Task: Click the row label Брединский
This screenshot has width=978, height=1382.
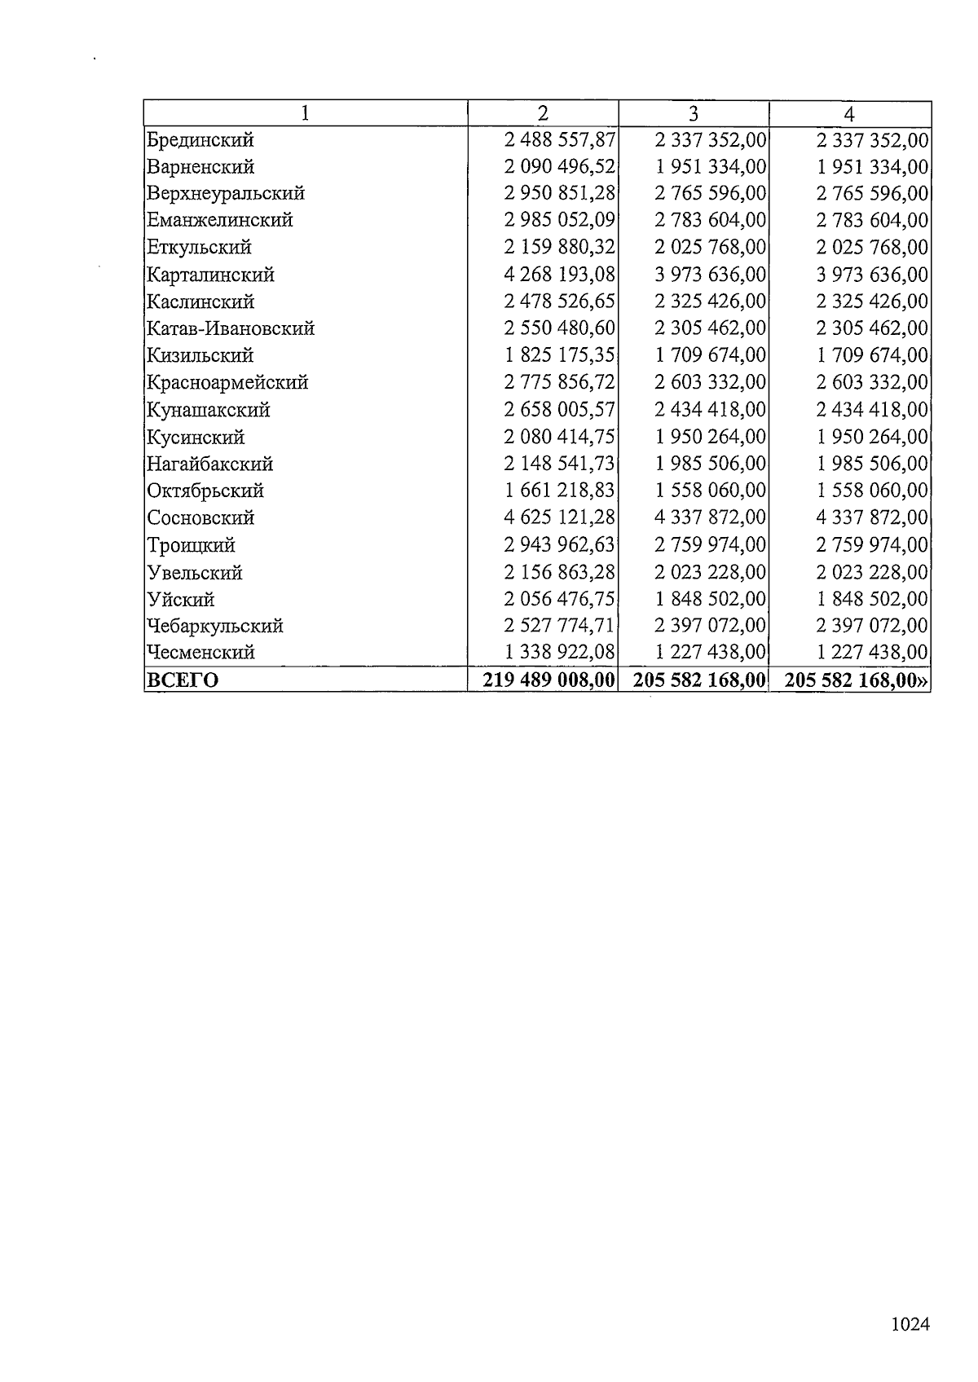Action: tap(200, 140)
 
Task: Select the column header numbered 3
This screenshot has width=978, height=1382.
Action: tap(694, 113)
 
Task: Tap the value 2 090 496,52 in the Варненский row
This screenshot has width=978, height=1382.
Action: tap(559, 167)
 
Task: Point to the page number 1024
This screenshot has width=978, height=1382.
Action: tap(910, 1324)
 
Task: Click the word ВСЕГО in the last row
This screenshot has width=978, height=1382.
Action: tap(183, 680)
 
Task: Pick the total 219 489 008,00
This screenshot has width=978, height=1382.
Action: tap(548, 680)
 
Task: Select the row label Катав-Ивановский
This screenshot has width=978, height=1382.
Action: tap(231, 328)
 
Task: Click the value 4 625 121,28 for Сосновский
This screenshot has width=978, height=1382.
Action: tap(559, 517)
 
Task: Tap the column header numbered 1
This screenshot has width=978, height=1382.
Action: tap(306, 113)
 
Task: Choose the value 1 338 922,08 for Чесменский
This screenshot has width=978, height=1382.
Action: tap(559, 652)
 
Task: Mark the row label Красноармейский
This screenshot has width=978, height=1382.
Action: tap(227, 382)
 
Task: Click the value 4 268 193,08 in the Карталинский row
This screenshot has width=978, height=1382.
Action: tap(559, 275)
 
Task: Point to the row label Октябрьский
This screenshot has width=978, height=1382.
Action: tap(205, 491)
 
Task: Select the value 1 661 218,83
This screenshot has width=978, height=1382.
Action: tap(559, 491)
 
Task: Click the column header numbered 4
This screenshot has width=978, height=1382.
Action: tap(849, 113)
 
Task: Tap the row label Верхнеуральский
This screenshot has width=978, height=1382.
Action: tap(226, 194)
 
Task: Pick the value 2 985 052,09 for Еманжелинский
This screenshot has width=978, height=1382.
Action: tap(559, 220)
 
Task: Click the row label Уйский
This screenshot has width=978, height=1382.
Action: tap(181, 599)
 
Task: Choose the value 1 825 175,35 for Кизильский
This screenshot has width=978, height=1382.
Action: tap(559, 355)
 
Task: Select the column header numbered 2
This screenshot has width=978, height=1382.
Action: tap(543, 113)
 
